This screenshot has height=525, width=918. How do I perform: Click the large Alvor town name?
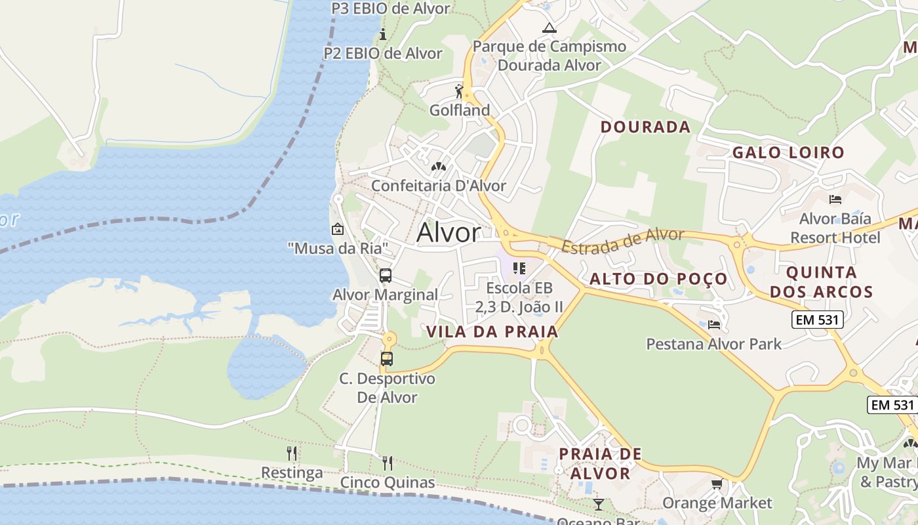coord(449,232)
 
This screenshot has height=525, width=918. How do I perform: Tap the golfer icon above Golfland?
coord(459,91)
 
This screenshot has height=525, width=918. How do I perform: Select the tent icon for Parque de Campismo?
coord(549,28)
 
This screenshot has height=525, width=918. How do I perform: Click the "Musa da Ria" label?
coord(338,248)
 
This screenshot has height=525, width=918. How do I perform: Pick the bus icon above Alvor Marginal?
coord(386,276)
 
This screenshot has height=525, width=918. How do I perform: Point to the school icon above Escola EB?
coord(519,268)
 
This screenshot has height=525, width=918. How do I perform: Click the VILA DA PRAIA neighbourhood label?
coord(492,332)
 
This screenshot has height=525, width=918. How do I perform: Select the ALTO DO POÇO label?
coord(658,279)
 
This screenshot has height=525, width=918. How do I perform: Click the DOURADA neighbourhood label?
coord(645,127)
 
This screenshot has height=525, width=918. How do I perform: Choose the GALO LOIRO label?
coord(788,153)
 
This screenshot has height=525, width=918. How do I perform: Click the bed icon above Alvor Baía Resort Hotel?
coord(835,199)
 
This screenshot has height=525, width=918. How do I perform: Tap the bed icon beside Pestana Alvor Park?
coord(714,324)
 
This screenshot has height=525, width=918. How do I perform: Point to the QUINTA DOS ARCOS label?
coord(821,282)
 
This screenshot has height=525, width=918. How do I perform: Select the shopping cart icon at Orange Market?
coord(717,484)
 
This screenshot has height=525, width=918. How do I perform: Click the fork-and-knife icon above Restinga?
coord(292,453)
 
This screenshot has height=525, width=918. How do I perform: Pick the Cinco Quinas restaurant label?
coord(387,483)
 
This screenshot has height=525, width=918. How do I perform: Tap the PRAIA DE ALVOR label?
coord(600,463)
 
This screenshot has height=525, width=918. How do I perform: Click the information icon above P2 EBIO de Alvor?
coord(383,34)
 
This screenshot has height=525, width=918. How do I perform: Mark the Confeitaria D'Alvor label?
coord(439,186)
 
